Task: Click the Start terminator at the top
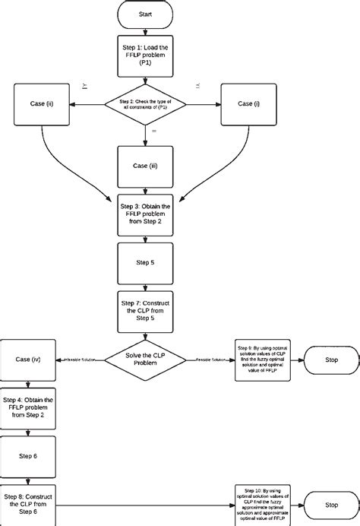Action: click(144, 14)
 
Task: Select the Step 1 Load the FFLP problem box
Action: click(144, 56)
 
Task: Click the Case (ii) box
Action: click(42, 104)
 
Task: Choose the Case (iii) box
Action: click(144, 166)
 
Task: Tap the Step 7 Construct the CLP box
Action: click(144, 310)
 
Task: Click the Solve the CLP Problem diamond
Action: click(144, 358)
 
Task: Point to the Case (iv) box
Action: click(27, 358)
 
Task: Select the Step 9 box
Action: click(262, 358)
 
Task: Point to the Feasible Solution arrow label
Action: click(210, 359)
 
